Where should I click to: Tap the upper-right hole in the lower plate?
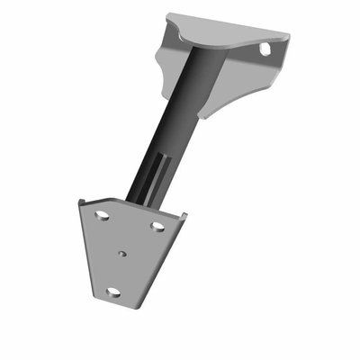click(x=157, y=225)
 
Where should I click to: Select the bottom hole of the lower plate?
click(x=112, y=292)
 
